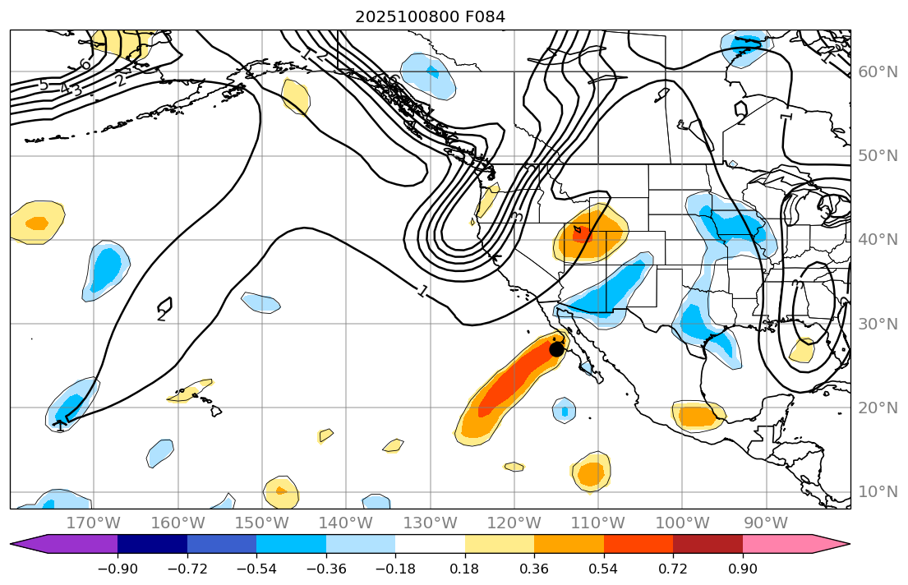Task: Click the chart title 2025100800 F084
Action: (x=430, y=16)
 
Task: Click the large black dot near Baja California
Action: (x=556, y=348)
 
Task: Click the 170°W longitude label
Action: (x=94, y=523)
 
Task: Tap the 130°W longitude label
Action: (x=430, y=523)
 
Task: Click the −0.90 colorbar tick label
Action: (x=118, y=569)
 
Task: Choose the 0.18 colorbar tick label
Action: (x=465, y=569)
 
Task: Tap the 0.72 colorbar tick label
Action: (x=673, y=569)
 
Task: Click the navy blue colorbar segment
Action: (x=152, y=544)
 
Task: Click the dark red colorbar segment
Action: (x=708, y=544)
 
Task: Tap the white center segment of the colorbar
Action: (x=430, y=544)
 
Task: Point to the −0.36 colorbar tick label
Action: (x=325, y=569)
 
